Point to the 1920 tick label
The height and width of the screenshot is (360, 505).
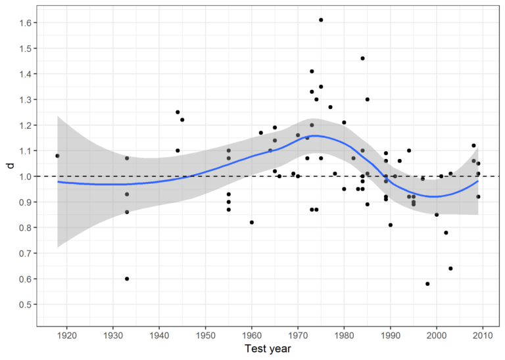click(x=67, y=335)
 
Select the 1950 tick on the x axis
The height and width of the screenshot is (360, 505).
click(x=205, y=335)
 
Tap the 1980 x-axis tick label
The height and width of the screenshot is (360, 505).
click(x=344, y=335)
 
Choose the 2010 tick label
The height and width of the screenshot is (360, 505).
click(x=483, y=335)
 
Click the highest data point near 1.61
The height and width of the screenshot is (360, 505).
click(x=321, y=20)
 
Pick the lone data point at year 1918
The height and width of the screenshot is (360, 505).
click(x=57, y=156)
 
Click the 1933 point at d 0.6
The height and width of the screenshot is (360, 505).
click(x=127, y=279)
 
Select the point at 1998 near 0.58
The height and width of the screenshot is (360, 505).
click(x=427, y=284)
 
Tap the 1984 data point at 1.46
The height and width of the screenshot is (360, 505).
click(x=362, y=58)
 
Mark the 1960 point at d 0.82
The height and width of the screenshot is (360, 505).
click(x=252, y=222)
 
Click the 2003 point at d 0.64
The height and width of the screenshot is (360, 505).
click(x=450, y=268)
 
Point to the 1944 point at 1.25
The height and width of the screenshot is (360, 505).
click(x=178, y=112)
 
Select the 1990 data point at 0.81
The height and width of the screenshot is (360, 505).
click(x=391, y=225)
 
